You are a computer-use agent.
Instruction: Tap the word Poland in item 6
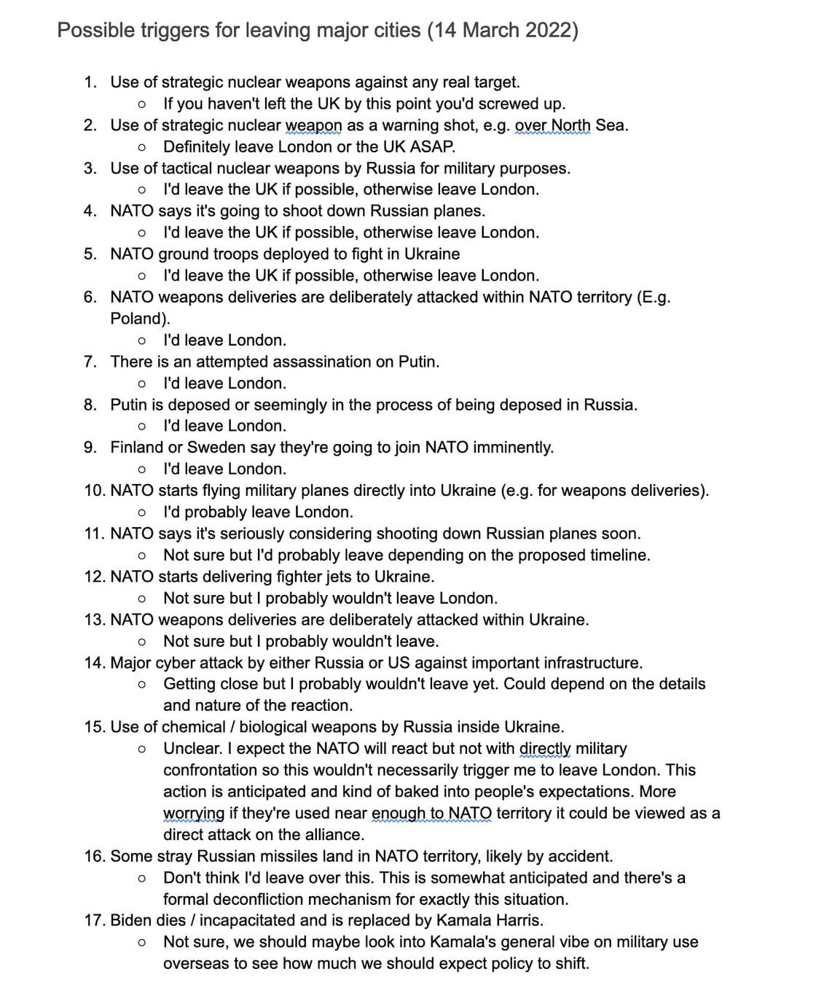pos(136,319)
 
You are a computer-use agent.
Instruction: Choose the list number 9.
pos(90,447)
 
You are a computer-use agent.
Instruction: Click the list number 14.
pos(94,663)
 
